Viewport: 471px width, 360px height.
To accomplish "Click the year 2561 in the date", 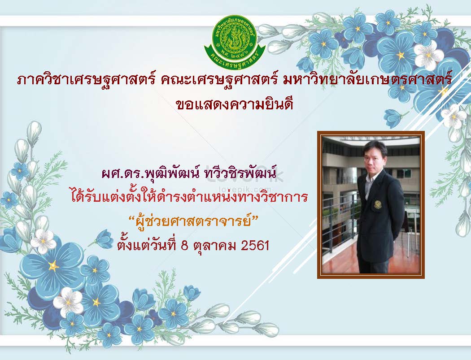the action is [255, 246].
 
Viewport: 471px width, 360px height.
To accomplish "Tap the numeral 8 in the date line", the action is [185, 246].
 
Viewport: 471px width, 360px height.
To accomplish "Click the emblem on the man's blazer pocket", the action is [377, 205].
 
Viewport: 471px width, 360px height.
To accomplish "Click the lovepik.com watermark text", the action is [245, 190].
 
